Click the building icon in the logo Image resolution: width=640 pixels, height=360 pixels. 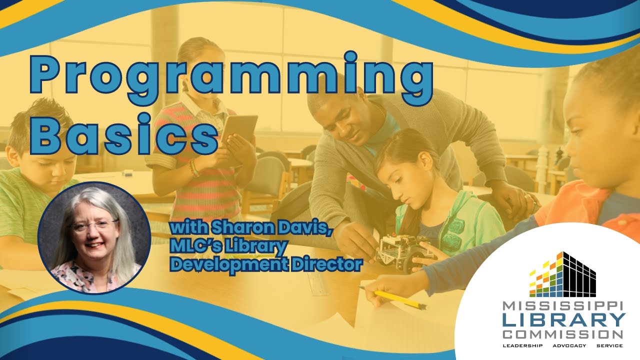[563, 274]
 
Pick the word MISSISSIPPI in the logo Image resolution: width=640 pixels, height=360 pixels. [563, 306]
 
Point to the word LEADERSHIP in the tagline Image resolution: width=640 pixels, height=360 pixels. [521, 346]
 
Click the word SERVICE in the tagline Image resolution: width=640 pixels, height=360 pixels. [609, 346]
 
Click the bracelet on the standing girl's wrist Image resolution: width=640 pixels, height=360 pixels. [194, 169]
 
